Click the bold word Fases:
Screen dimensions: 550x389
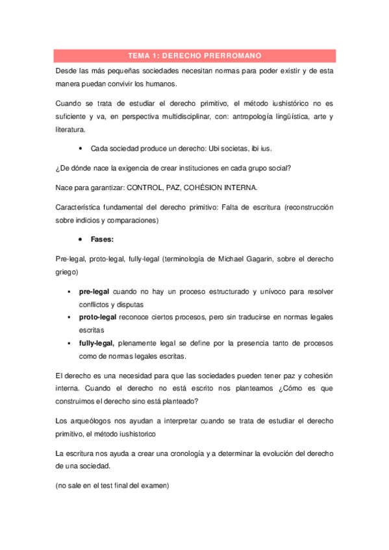[x=103, y=239]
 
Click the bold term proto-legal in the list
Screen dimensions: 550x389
[x=98, y=317]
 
